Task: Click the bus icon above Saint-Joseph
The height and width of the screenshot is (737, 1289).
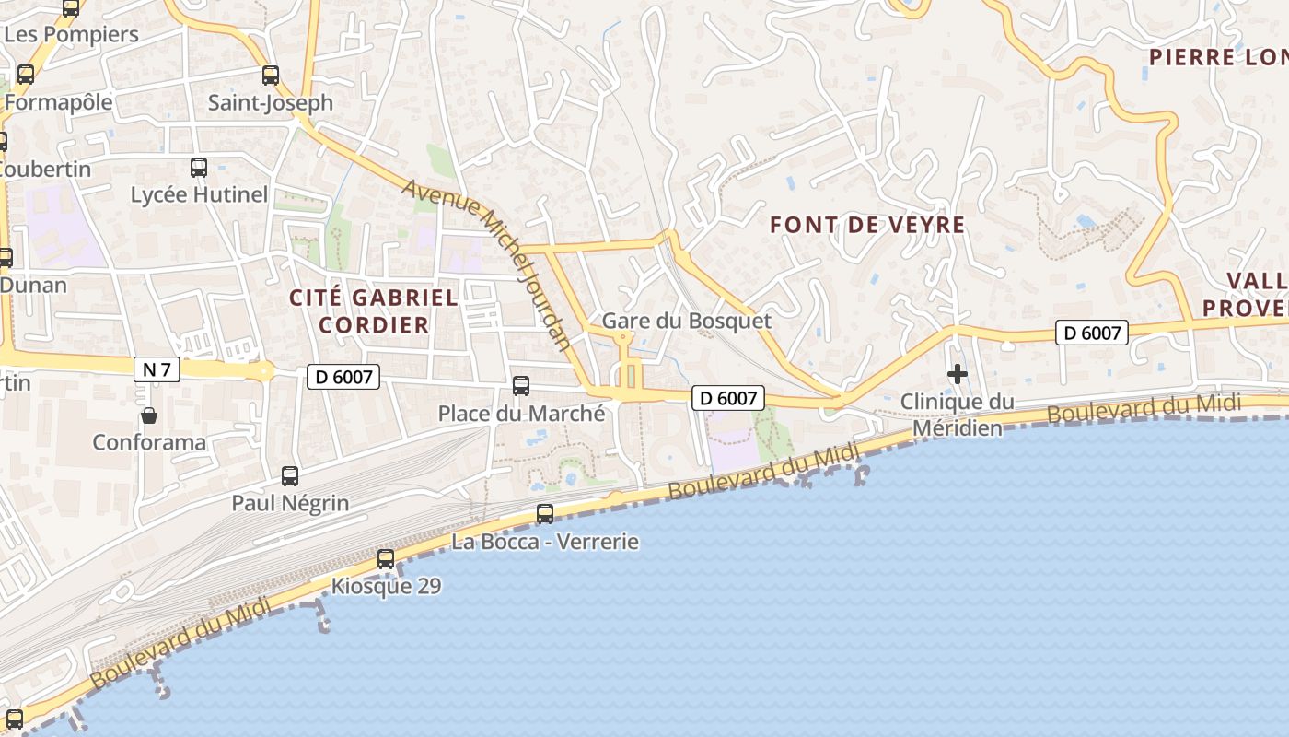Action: [270, 76]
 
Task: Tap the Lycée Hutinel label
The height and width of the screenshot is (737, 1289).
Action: [199, 195]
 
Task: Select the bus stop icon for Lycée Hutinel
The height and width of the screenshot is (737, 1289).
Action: [199, 168]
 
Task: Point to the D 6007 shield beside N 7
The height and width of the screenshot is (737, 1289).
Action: [343, 376]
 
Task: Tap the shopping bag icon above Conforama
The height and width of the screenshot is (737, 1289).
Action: [149, 415]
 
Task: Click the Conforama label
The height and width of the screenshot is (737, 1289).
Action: [149, 442]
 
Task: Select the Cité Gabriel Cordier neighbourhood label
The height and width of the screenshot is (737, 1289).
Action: [373, 311]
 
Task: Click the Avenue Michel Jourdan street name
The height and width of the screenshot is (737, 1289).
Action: [488, 263]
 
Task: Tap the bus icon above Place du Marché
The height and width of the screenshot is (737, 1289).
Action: [521, 386]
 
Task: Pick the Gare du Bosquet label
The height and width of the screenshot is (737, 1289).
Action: [686, 322]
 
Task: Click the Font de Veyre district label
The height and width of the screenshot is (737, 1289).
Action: [866, 225]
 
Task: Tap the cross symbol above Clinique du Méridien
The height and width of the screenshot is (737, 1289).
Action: [958, 374]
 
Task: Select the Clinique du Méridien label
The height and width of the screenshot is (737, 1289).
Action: [957, 415]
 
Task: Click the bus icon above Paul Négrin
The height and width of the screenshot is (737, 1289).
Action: [290, 476]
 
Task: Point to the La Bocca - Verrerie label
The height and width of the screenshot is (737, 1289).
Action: [545, 542]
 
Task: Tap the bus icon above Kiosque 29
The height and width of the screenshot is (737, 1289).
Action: [386, 558]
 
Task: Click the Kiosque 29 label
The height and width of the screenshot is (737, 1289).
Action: [386, 586]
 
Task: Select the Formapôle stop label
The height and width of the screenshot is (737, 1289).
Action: [58, 101]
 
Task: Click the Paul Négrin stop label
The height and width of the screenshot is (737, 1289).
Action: [290, 503]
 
